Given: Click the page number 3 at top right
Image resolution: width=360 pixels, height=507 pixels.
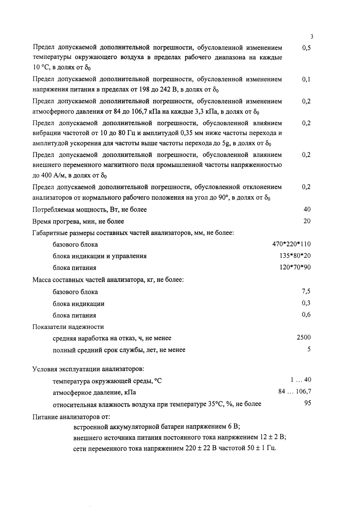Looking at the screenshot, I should [x=312, y=37].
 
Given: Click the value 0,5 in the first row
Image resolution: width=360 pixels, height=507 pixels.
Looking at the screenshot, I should [x=306, y=48].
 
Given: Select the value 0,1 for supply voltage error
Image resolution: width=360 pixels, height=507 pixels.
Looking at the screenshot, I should [x=306, y=79].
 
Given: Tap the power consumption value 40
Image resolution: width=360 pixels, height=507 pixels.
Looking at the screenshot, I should [x=307, y=209].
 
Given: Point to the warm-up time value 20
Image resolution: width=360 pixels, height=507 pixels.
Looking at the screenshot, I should [x=307, y=221].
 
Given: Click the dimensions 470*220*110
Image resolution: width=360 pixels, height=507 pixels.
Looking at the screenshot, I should [x=291, y=244].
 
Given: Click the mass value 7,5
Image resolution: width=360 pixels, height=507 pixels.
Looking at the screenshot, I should [x=306, y=291].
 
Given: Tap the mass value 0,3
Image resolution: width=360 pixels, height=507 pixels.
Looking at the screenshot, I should [x=306, y=303].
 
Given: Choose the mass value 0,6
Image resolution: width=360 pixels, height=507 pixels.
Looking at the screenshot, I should [x=306, y=315].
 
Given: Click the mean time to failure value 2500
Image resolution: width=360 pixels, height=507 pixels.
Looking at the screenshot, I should [x=304, y=337].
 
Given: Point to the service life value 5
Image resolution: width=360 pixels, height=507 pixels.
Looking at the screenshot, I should [x=309, y=349].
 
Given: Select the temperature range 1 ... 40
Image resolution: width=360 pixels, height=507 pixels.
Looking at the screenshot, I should [x=301, y=380].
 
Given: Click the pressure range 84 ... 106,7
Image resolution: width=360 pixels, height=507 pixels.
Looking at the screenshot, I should [x=295, y=392].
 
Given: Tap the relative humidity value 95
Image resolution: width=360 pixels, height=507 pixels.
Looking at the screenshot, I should [x=308, y=403].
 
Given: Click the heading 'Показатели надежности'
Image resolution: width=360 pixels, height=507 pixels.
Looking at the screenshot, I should [x=68, y=327].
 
